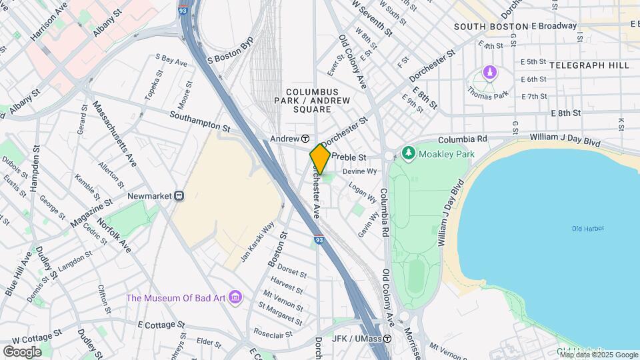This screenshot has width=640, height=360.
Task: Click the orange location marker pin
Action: (x=320, y=159)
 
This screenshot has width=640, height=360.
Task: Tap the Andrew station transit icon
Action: (x=305, y=139)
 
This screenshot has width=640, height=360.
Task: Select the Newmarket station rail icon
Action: (x=179, y=196)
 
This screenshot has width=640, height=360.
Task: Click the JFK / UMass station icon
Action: (x=387, y=338)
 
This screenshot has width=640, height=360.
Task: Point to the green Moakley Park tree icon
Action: (x=408, y=154)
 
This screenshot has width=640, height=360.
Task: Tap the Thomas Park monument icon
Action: (x=490, y=71)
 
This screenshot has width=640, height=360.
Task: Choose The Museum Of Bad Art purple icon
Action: (x=235, y=297)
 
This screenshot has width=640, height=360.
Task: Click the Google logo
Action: (x=21, y=351)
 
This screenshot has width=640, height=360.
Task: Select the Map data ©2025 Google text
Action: (x=598, y=355)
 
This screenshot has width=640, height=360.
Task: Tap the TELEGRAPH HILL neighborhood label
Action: (x=589, y=65)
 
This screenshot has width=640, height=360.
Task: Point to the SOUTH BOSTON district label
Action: (x=490, y=27)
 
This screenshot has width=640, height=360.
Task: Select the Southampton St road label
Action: (x=199, y=121)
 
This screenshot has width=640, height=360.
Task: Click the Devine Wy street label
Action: (x=360, y=171)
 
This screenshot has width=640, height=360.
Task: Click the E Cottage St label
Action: (x=161, y=325)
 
